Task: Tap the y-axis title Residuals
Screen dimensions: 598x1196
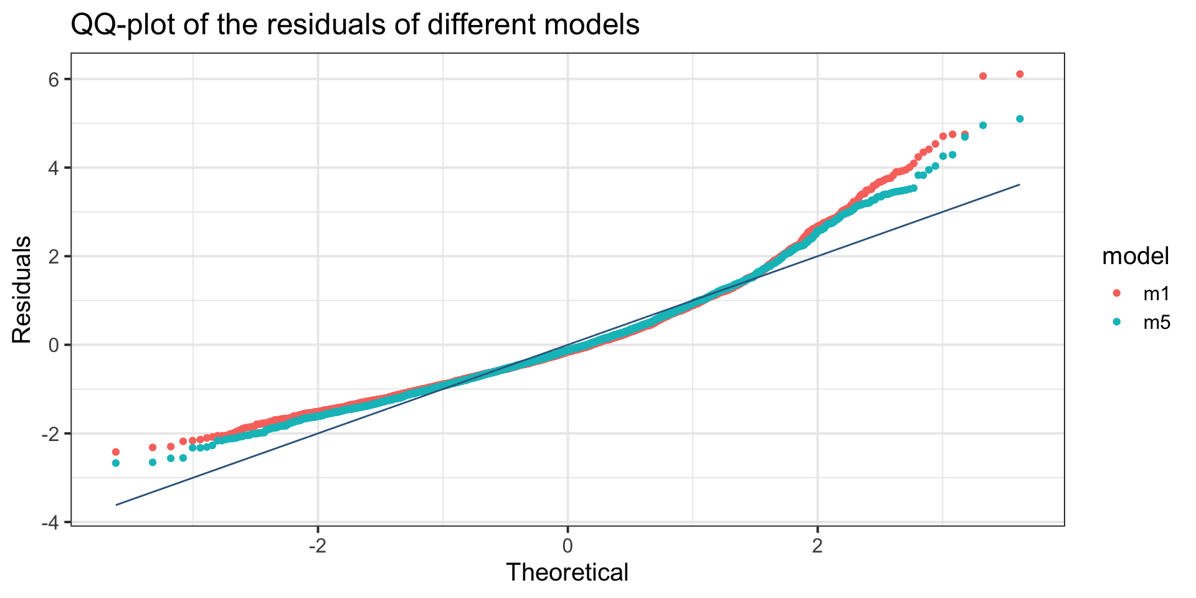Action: (x=22, y=290)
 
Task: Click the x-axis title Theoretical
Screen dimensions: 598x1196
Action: (x=567, y=572)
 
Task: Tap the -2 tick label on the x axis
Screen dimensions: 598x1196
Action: (x=318, y=546)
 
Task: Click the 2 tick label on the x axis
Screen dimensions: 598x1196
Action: (x=817, y=546)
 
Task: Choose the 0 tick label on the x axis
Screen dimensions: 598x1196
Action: (x=567, y=546)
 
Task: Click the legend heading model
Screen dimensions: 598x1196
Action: (x=1135, y=256)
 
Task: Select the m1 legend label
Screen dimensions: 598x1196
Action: (x=1157, y=293)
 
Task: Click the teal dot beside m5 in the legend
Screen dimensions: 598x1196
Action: (x=1117, y=322)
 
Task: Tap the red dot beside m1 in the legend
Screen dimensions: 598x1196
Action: (x=1117, y=293)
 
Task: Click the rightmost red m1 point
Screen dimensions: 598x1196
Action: (x=1020, y=74)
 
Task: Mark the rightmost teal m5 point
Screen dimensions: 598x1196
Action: (x=1020, y=118)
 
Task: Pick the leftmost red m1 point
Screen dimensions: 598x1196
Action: (x=115, y=452)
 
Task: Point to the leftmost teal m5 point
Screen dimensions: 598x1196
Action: (x=115, y=463)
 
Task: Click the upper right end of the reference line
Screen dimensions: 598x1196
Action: (x=1019, y=184)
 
